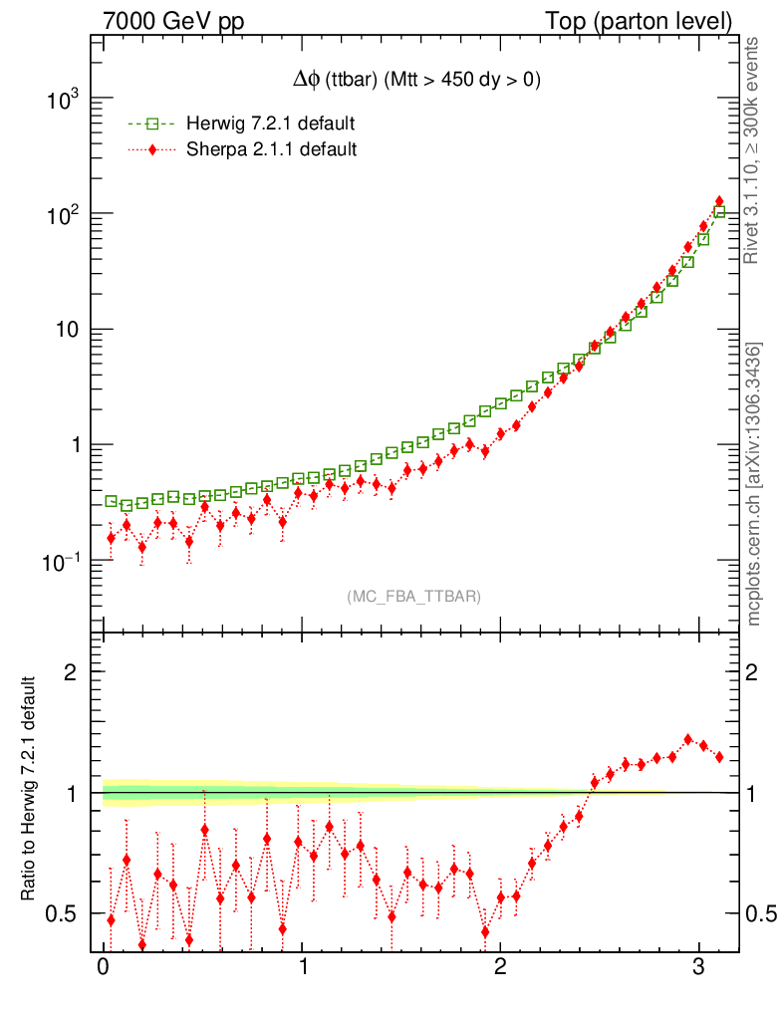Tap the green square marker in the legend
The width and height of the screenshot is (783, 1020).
click(152, 125)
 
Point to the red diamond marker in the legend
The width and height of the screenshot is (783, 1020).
click(152, 149)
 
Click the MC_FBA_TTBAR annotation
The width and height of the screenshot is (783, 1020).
click(414, 597)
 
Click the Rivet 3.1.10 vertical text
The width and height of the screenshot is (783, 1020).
click(754, 149)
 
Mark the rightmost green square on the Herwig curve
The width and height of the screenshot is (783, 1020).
click(719, 211)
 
